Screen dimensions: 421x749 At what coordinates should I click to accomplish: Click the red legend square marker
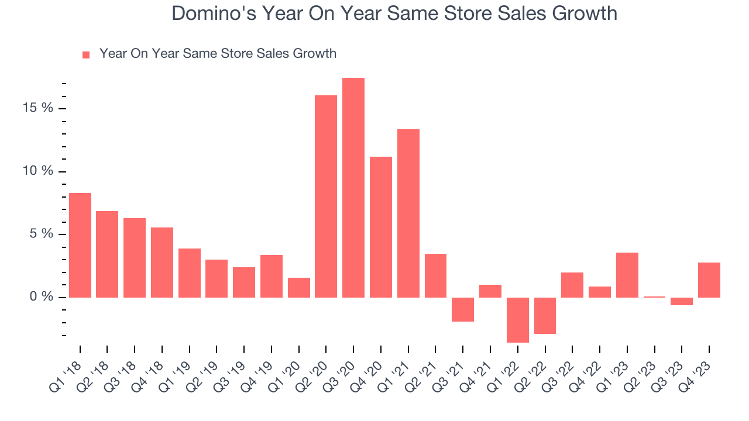coord(86,54)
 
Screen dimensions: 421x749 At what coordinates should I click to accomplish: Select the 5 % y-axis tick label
coord(42,234)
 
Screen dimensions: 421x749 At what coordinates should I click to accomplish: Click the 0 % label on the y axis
coord(42,297)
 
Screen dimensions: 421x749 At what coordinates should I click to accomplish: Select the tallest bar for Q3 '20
coord(353,187)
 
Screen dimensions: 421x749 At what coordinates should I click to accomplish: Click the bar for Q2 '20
coord(326,196)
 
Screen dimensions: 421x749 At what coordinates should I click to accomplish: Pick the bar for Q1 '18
coord(80,245)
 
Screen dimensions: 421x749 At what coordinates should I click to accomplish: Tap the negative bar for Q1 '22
coord(518,320)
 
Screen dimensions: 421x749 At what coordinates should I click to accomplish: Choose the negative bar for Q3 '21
coord(463,309)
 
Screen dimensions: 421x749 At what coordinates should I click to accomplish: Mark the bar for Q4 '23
coord(709,280)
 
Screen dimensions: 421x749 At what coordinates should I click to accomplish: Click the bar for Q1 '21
coord(408,213)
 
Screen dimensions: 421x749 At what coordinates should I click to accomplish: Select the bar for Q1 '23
coord(627,275)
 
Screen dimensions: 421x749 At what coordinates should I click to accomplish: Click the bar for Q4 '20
coord(381,227)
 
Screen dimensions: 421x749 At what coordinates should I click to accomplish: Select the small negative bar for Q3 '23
coord(682,301)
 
